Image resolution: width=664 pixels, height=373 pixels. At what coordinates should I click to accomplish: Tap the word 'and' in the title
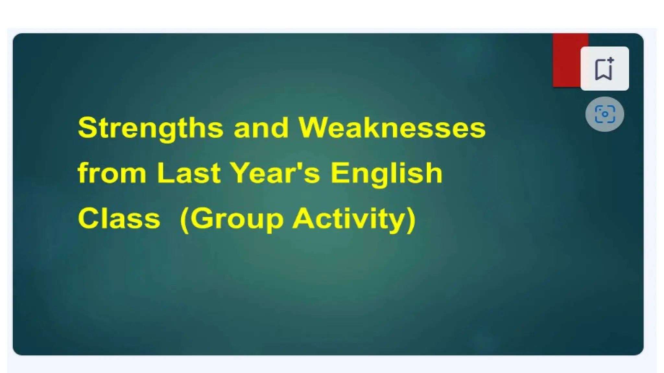pyautogui.click(x=261, y=128)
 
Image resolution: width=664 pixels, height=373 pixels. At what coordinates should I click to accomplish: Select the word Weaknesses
pyautogui.click(x=392, y=128)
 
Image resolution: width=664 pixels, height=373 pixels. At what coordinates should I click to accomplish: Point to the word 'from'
pyautogui.click(x=112, y=173)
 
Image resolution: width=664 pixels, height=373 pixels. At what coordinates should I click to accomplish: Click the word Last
pyautogui.click(x=189, y=173)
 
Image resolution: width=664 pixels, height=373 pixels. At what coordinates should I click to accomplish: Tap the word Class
pyautogui.click(x=119, y=218)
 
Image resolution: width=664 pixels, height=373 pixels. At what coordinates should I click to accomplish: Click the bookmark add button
pyautogui.click(x=604, y=68)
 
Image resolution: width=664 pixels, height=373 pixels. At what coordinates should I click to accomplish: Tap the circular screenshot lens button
pyautogui.click(x=604, y=114)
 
